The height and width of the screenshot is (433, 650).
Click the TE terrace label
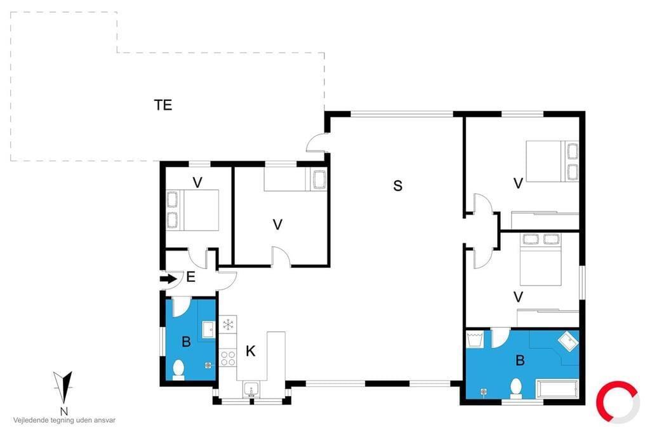click(x=163, y=105)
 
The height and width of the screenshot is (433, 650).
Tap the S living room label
click(x=398, y=185)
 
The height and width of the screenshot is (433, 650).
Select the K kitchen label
click(x=250, y=351)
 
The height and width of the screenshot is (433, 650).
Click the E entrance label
click(x=190, y=277)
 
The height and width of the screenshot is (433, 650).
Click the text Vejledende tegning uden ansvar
click(x=64, y=420)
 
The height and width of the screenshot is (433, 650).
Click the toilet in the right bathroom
click(x=515, y=388)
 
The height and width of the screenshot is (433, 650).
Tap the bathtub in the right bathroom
click(x=557, y=389)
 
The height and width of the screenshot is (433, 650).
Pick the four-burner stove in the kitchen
click(x=228, y=358)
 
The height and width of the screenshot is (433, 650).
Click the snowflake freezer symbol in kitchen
click(x=228, y=324)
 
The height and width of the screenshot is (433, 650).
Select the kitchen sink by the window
click(x=251, y=389)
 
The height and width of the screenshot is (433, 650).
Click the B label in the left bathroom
click(x=187, y=342)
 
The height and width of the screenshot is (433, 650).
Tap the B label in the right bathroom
click(x=521, y=360)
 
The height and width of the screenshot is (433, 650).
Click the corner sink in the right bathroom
click(x=568, y=341)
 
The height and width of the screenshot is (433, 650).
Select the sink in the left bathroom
click(x=208, y=330)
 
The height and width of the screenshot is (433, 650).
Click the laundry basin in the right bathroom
click(x=475, y=339)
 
